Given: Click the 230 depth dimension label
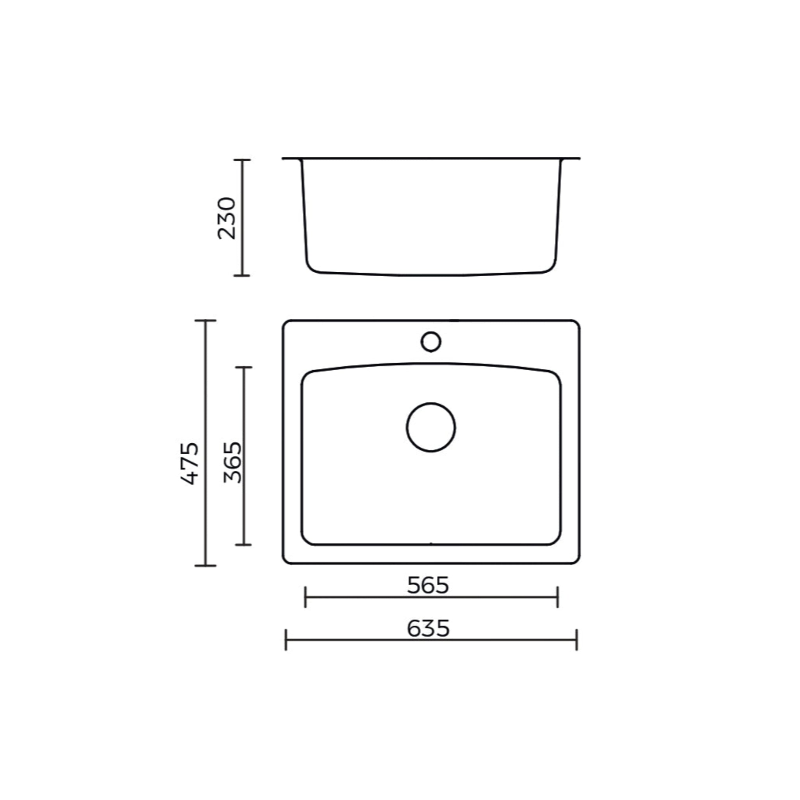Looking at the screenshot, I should click(x=227, y=218).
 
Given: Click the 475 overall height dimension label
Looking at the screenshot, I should click(x=190, y=463).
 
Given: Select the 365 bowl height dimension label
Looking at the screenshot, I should click(x=232, y=462).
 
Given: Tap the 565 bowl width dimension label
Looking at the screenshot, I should click(x=428, y=585).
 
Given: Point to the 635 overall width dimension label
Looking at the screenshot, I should click(x=428, y=628).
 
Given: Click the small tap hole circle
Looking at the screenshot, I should click(x=430, y=342).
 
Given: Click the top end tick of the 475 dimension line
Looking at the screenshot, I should click(x=205, y=320).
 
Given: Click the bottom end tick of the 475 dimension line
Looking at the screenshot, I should click(x=205, y=566).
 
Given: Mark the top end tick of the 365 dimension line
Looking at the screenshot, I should click(x=243, y=367).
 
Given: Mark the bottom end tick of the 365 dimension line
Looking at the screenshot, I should click(x=243, y=545).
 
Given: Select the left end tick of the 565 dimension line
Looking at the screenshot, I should click(x=305, y=597).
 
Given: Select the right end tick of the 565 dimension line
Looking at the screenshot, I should click(x=557, y=597).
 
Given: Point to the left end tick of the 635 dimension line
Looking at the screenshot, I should click(x=286, y=640).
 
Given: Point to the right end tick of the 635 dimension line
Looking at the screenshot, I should click(x=577, y=640).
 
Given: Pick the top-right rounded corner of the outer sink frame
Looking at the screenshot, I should click(x=576, y=324).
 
